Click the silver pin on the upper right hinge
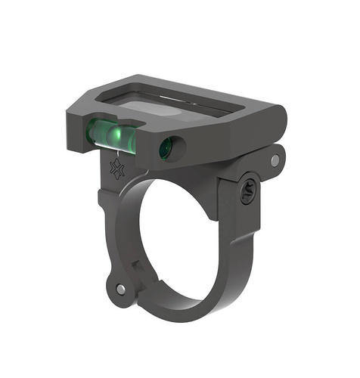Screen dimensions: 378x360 tap(275, 160)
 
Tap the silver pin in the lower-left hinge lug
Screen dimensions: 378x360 tap(121, 289)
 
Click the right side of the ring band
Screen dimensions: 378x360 tap(241, 249)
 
